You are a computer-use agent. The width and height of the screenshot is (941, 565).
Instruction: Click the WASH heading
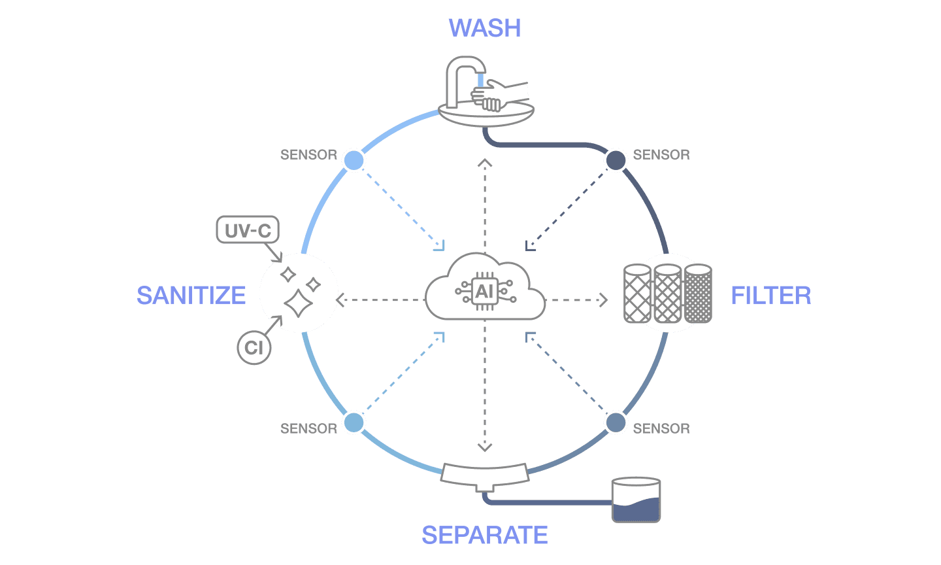484,28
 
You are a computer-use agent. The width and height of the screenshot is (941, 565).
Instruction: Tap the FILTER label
770,296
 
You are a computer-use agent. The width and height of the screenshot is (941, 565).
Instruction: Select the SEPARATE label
484,535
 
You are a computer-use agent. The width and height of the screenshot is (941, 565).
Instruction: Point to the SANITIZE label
191,296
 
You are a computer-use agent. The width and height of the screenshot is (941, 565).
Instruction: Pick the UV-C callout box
248,230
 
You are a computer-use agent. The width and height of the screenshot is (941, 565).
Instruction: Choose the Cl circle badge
254,347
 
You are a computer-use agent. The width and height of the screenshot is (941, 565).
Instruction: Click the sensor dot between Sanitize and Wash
354,160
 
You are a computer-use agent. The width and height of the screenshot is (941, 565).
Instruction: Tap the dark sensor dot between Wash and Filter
616,160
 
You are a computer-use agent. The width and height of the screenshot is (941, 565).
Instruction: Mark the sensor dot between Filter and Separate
616,422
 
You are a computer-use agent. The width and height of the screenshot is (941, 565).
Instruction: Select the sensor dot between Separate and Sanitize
354,422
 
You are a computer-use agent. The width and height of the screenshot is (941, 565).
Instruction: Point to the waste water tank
636,500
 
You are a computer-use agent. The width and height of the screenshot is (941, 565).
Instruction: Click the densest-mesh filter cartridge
698,294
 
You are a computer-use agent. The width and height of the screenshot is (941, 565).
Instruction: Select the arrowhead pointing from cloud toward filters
603,300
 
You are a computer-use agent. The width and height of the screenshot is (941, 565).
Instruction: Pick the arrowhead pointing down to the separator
484,448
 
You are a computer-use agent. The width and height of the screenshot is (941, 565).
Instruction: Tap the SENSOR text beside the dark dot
661,155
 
